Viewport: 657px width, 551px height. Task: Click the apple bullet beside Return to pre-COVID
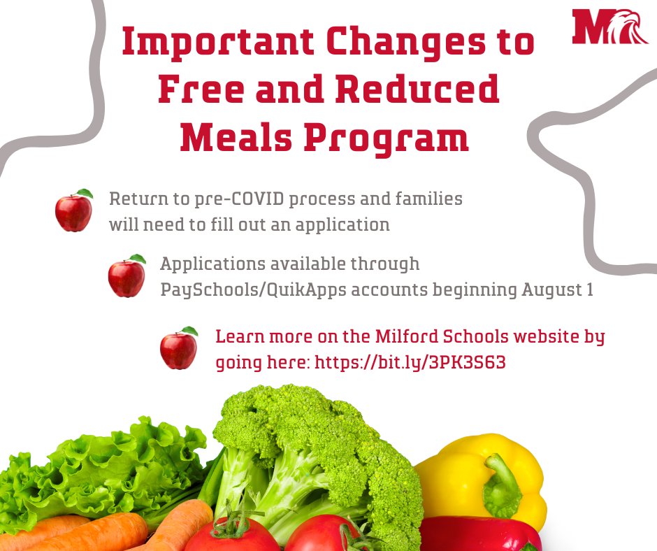(74, 210)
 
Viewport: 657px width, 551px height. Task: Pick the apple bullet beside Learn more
(178, 348)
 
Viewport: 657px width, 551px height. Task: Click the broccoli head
(315, 448)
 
